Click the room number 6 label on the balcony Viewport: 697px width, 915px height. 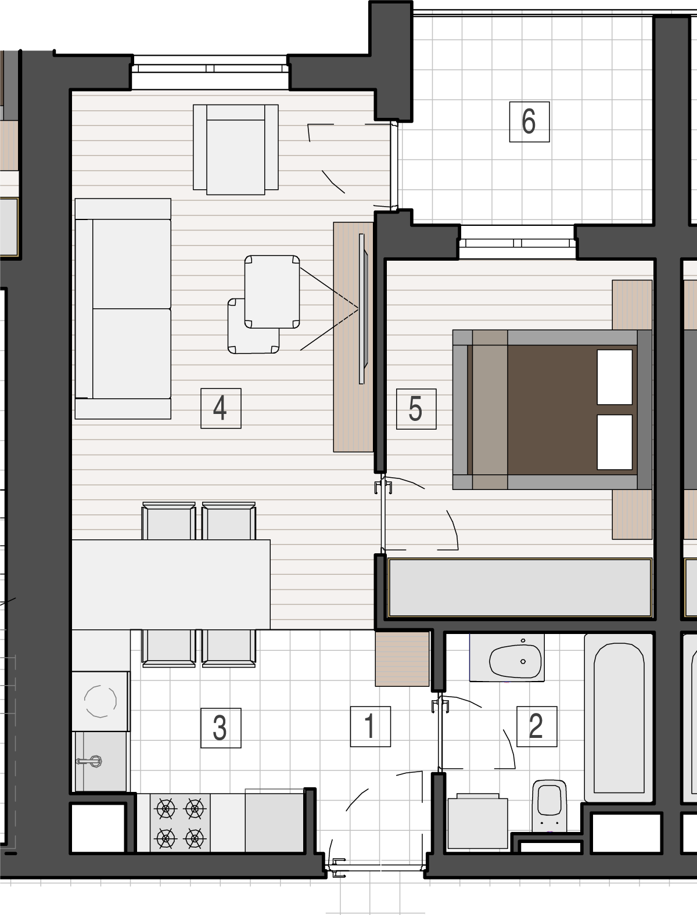[529, 122]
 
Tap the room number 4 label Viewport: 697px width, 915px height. [221, 409]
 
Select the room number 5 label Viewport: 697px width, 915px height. [416, 409]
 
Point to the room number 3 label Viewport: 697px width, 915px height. [221, 728]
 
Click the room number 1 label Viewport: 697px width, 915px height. [370, 726]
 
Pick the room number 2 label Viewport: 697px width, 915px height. [537, 726]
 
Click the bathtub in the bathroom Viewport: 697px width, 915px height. [619, 718]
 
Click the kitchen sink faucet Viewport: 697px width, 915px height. [89, 762]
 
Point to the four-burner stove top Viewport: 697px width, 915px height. [180, 823]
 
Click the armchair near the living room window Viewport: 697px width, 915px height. [236, 150]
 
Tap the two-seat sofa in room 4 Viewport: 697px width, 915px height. [123, 308]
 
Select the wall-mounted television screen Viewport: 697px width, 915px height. [362, 309]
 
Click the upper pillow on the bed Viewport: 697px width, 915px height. [615, 377]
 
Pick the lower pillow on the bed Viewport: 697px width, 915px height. [615, 442]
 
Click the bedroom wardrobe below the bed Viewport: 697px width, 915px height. [519, 588]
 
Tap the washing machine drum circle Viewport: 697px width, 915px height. [100, 701]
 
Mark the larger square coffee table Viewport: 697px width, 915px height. [272, 292]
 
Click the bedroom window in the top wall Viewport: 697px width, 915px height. [518, 243]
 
